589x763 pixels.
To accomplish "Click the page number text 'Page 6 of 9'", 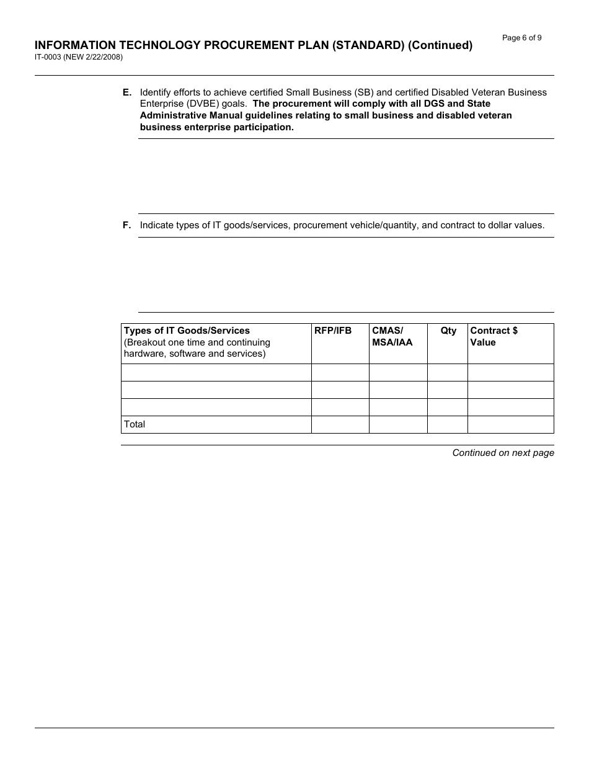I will (x=521, y=38).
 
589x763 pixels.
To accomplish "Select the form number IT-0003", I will (x=48, y=57).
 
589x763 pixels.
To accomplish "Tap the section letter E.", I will (x=126, y=92).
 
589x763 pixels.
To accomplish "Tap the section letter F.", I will (x=126, y=225).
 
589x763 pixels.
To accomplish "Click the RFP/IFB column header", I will (x=333, y=331).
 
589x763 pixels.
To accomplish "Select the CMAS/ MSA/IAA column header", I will (x=392, y=336).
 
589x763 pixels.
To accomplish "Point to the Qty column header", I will (x=448, y=331).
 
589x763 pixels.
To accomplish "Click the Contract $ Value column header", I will (x=494, y=336).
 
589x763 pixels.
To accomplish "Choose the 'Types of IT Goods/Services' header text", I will (x=187, y=331).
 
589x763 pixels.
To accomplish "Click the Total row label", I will (x=135, y=424).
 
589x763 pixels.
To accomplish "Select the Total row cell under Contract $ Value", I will (x=510, y=424).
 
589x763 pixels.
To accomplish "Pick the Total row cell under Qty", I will (x=447, y=424).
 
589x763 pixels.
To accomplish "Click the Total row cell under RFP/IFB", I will (x=340, y=424).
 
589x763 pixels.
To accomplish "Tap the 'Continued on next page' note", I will (x=503, y=453).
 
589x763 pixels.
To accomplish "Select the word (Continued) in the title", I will (x=440, y=45).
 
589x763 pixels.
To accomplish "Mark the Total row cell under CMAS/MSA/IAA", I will (x=398, y=424).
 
